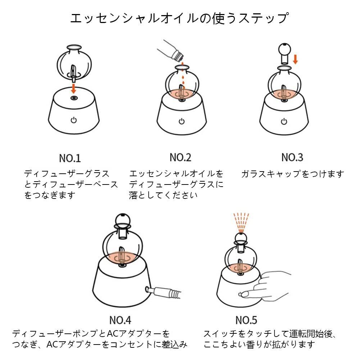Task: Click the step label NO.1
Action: point(70,158)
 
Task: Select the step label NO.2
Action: point(181,157)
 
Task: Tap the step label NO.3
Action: point(292,157)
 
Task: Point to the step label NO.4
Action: point(120,320)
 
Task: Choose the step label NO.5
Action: point(246,320)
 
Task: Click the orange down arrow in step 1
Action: point(73,88)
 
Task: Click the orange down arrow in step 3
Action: point(296,59)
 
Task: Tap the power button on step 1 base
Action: point(73,120)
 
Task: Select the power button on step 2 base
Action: point(182,121)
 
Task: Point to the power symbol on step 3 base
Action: point(284,121)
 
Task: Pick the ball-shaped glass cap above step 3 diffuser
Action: point(285,53)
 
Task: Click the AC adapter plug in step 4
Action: point(163,292)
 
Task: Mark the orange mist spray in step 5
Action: point(241,223)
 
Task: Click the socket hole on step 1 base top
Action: point(74,98)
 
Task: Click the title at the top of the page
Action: point(179,18)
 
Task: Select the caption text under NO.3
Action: point(293,174)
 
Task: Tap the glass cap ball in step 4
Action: point(122,220)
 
